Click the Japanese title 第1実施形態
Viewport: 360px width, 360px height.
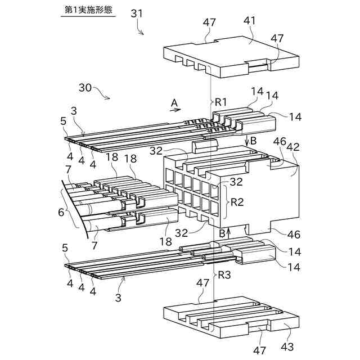point(87,10)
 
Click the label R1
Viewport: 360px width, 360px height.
point(220,102)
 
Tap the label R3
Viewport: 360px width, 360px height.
point(224,275)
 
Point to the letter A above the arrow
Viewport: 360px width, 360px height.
point(174,102)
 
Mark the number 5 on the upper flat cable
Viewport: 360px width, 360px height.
point(63,121)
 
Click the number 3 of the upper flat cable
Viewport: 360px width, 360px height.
point(74,110)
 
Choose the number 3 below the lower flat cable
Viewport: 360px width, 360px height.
point(118,296)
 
